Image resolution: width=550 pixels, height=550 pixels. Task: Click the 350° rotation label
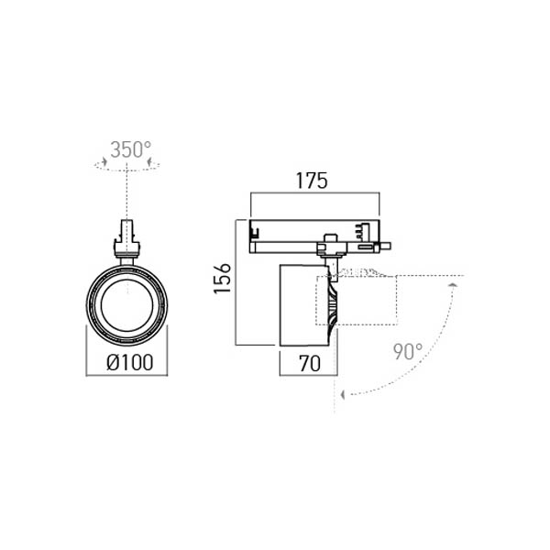(x=131, y=149)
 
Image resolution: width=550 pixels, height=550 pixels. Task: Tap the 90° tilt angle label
(x=408, y=352)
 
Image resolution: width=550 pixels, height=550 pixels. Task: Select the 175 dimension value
(x=312, y=181)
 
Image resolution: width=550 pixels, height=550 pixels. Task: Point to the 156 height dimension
(x=223, y=278)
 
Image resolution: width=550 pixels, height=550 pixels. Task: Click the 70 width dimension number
(x=310, y=363)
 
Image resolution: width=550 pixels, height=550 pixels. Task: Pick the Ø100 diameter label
(x=130, y=362)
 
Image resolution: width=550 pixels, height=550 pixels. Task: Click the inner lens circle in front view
(x=127, y=305)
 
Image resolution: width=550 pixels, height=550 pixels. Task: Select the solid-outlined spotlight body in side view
(x=304, y=305)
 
